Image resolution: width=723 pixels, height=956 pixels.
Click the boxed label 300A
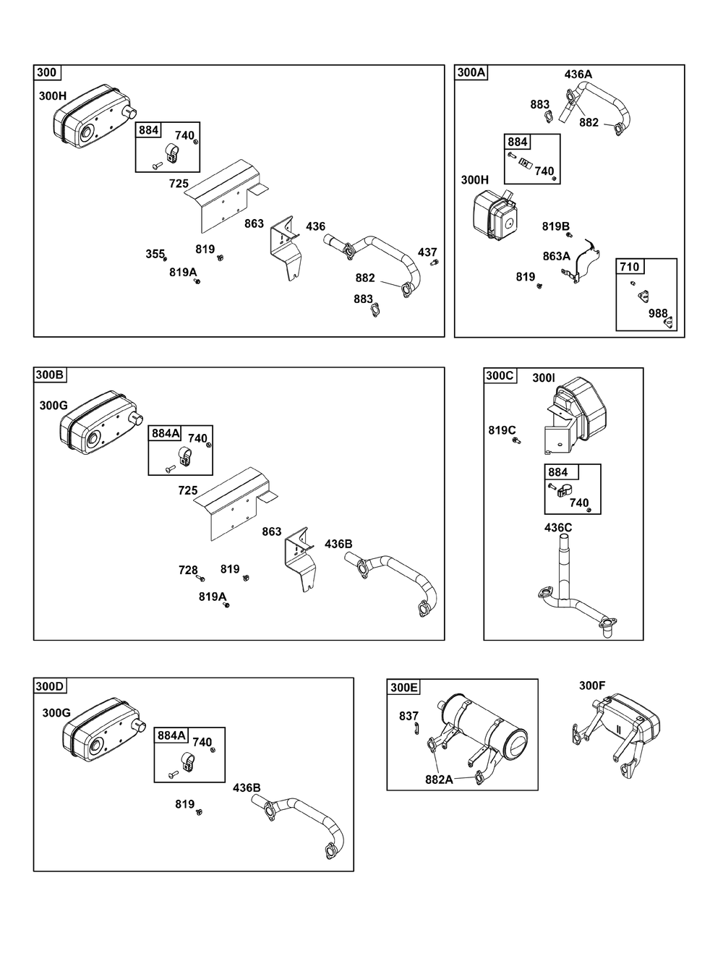[x=471, y=72]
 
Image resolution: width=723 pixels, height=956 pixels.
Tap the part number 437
[x=427, y=252]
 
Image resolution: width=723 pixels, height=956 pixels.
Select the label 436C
[x=558, y=528]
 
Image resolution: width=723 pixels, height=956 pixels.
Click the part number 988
[x=658, y=312]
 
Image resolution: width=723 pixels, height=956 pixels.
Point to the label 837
[x=409, y=716]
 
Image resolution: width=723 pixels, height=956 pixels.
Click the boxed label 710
[x=630, y=267]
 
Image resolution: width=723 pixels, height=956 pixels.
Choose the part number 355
[x=155, y=254]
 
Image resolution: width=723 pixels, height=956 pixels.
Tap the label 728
[x=188, y=571]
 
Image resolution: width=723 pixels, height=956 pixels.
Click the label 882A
[x=440, y=780]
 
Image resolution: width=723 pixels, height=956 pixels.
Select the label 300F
[x=593, y=686]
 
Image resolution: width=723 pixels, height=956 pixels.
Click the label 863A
[x=557, y=256]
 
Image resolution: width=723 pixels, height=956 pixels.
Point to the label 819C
[x=502, y=430]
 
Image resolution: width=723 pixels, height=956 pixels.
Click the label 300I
[x=544, y=377]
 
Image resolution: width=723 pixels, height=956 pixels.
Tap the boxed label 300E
[x=404, y=687]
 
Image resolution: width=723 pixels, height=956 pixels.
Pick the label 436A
[x=578, y=74]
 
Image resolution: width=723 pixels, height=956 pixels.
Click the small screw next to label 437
[x=434, y=263]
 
